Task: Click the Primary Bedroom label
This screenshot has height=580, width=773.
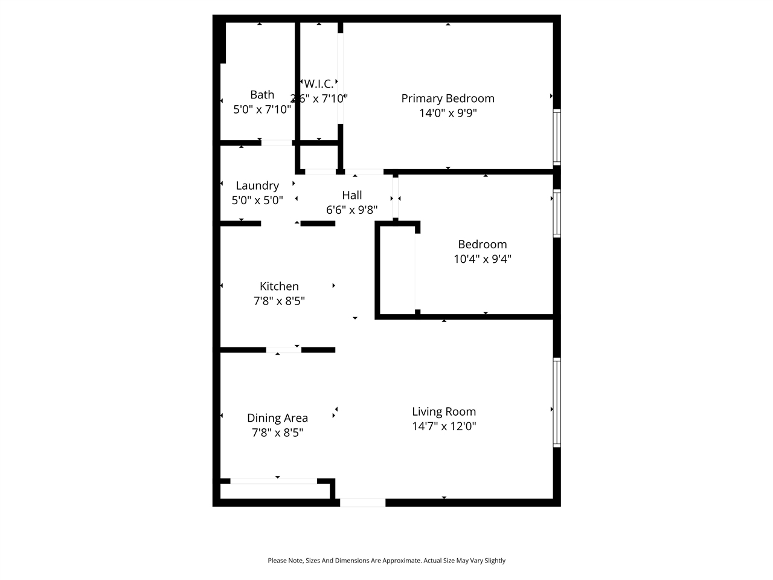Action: [447, 98]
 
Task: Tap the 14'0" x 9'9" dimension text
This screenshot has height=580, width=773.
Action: [448, 113]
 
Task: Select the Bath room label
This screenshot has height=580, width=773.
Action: [262, 95]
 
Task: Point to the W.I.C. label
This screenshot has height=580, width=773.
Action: [318, 84]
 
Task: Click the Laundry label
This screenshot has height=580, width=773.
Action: [257, 185]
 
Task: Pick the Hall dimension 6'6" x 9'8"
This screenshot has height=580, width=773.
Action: [352, 210]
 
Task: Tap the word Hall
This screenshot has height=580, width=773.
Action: [352, 195]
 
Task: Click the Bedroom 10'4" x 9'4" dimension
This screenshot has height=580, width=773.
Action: [483, 259]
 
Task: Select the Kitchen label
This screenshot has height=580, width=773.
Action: [279, 286]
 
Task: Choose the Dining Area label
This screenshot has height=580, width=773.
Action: [277, 418]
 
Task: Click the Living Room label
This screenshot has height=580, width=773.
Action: [444, 411]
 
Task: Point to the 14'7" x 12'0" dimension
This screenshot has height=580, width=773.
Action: [444, 427]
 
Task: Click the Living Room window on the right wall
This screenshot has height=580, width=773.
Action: [557, 402]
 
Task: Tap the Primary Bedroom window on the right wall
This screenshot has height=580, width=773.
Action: [557, 137]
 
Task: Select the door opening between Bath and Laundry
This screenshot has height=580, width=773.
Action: [277, 143]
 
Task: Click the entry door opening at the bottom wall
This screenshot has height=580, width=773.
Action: [362, 503]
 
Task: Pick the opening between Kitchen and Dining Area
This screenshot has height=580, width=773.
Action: [284, 350]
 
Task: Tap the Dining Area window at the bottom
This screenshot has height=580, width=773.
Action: [274, 481]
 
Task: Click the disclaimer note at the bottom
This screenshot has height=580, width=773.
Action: [386, 561]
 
